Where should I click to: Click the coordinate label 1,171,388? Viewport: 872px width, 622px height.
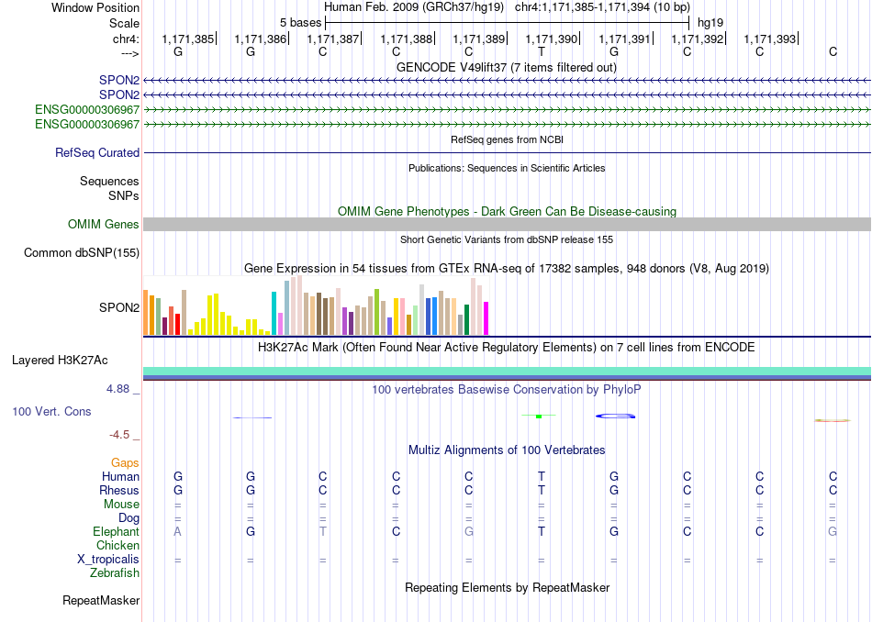click(x=406, y=39)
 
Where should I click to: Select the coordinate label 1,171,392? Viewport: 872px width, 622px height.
click(x=698, y=39)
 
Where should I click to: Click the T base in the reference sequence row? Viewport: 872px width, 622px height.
click(x=542, y=51)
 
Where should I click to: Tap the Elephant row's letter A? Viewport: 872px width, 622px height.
click(x=177, y=531)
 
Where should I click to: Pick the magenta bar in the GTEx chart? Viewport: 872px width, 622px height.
click(x=486, y=318)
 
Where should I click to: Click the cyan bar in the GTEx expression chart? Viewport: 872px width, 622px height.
click(x=274, y=313)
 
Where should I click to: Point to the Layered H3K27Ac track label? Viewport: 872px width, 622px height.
click(x=60, y=361)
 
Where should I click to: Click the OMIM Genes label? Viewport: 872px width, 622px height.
click(x=104, y=224)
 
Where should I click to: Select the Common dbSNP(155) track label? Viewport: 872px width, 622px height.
click(x=82, y=253)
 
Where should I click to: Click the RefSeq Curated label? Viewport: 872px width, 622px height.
click(x=97, y=152)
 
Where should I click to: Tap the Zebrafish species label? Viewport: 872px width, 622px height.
click(x=115, y=573)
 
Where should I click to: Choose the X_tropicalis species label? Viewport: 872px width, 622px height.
click(x=108, y=560)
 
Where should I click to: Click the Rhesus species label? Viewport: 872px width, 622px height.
click(x=119, y=490)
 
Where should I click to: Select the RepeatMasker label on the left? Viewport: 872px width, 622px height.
click(x=101, y=600)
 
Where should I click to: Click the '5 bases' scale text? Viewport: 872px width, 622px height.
click(x=300, y=23)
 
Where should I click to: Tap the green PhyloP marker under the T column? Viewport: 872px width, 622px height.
click(x=538, y=416)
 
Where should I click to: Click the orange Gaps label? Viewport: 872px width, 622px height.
click(x=125, y=463)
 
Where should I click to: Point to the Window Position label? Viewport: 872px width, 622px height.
click(x=95, y=7)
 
